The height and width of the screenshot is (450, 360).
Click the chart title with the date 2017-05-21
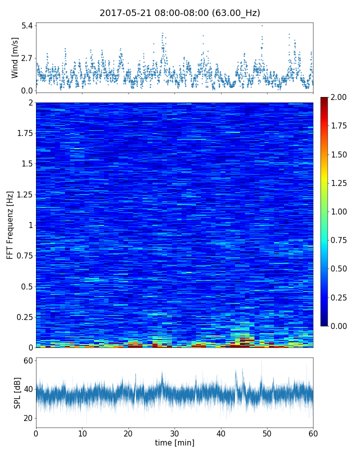point(179,13)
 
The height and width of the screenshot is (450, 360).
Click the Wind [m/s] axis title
point(15,57)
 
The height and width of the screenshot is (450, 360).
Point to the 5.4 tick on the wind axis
point(27,25)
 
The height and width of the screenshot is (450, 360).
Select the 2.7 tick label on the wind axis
point(27,57)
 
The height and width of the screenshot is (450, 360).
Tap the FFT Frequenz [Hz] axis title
point(10,225)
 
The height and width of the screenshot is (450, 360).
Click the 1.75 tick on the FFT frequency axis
point(24,133)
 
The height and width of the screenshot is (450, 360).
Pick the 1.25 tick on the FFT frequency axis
point(24,194)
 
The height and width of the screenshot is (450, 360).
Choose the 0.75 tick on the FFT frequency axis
point(24,255)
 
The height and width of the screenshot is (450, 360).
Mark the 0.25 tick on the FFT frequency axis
point(24,316)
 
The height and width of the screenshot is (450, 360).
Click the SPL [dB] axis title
point(17,392)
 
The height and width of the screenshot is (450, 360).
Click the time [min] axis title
point(174,442)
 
